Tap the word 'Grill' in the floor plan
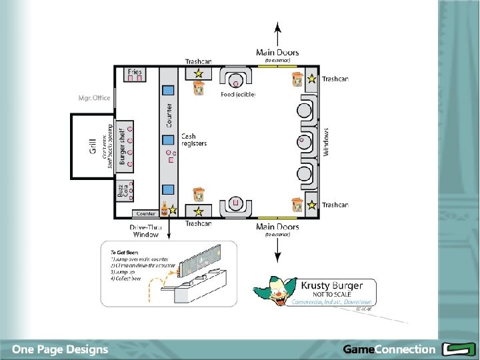coord(93,147)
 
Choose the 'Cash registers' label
coord(193,140)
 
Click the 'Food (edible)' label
coord(238,94)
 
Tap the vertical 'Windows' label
coord(327,142)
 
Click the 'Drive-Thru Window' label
coord(145,231)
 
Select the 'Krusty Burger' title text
coord(333,286)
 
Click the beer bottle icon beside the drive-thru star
coord(163,209)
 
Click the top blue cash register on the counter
coord(169,89)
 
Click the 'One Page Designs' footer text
coord(60,349)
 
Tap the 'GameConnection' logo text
coord(389,349)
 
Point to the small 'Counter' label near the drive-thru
coord(145,214)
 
